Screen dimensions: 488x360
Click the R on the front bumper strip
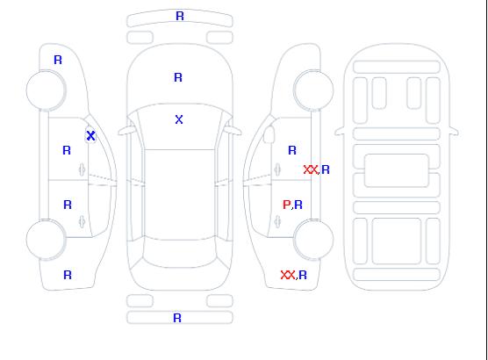click(180, 16)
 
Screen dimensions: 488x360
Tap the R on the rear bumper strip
click(177, 318)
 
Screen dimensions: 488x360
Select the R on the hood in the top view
click(178, 77)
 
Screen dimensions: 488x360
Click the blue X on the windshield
click(179, 119)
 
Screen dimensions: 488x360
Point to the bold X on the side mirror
click(90, 135)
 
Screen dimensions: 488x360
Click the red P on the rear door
click(286, 205)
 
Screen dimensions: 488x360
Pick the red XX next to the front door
click(311, 169)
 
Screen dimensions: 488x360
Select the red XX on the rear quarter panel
click(288, 275)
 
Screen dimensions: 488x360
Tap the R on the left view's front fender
click(58, 60)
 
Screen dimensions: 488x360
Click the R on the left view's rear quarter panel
click(68, 275)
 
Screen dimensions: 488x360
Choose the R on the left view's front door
click(67, 150)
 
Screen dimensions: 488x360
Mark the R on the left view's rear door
click(68, 205)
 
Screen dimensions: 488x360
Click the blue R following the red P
click(298, 205)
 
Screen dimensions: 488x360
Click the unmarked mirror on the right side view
click(269, 134)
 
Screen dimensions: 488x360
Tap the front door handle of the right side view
click(277, 169)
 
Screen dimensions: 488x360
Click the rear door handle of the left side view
click(82, 221)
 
